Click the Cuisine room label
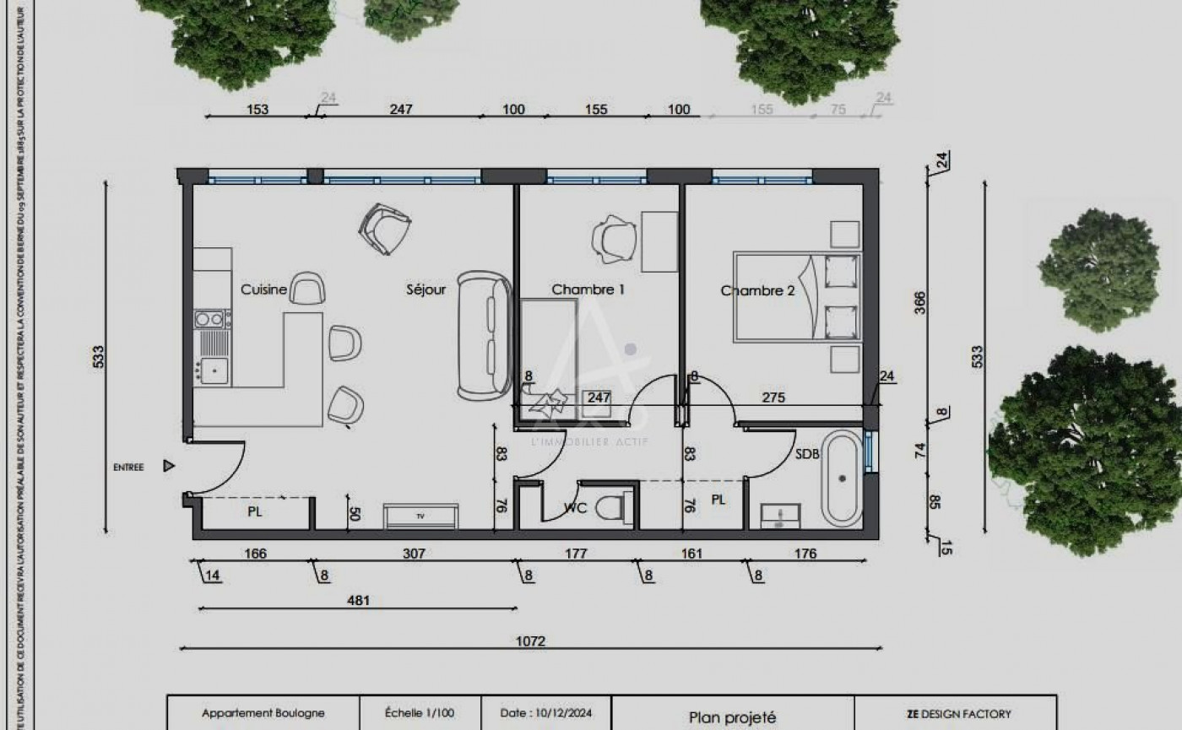pos(263,289)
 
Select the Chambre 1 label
pos(588,289)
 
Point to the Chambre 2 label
pos(757,290)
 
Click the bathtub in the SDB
pos(842,478)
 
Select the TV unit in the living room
pos(420,515)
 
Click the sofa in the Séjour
pos(484,335)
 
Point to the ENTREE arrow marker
pos(169,466)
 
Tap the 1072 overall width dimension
pos(531,641)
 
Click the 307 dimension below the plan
pos(414,554)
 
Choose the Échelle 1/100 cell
pos(420,713)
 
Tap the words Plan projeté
pos(732,717)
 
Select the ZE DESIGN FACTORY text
pos(958,714)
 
